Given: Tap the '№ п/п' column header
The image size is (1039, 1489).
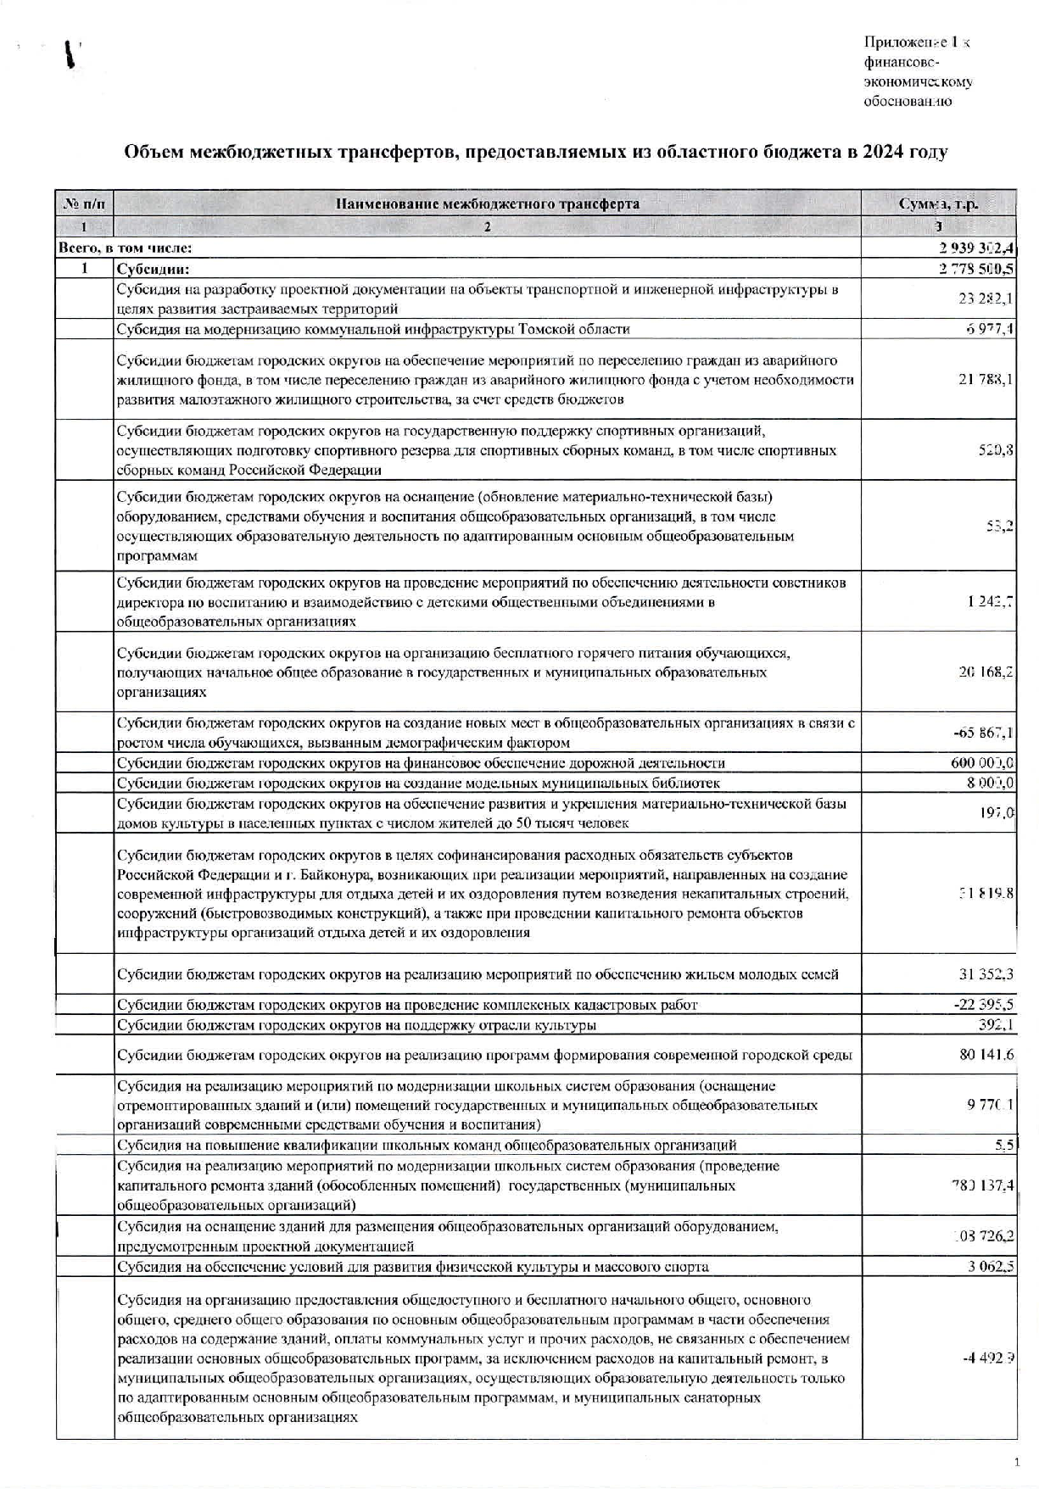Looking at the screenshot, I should (85, 204).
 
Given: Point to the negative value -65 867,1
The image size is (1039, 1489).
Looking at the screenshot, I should (983, 733).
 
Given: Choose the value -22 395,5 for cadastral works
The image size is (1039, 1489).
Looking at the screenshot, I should (983, 1005).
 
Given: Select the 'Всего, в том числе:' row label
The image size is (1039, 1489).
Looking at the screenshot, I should (125, 248).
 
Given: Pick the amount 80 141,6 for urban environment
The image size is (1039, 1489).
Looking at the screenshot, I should (986, 1055).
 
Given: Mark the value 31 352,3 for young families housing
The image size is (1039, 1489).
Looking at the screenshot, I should (986, 974).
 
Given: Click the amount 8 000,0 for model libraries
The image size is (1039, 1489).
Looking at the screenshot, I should (991, 783).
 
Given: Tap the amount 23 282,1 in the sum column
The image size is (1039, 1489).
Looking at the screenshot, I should (986, 298).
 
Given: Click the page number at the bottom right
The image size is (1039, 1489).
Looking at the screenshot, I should (1016, 1461).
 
